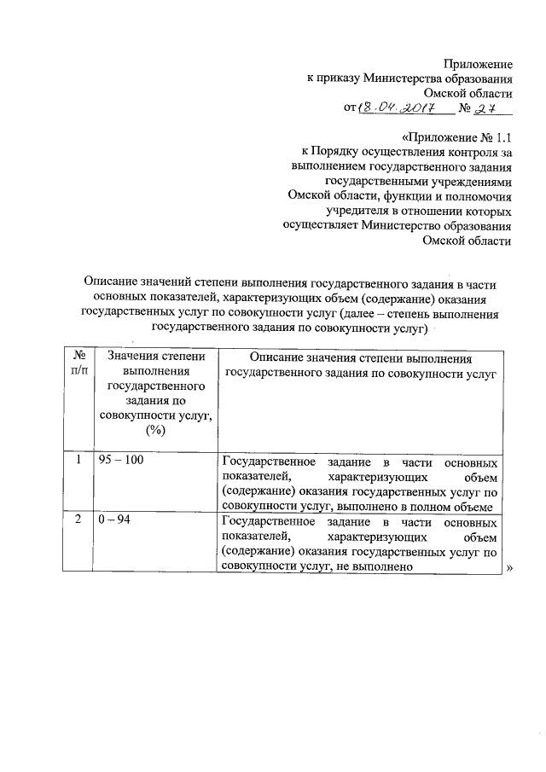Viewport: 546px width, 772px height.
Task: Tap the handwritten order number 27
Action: pyautogui.click(x=487, y=109)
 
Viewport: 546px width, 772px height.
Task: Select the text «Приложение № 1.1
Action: pyautogui.click(x=456, y=137)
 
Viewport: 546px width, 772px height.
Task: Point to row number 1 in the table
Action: pyautogui.click(x=78, y=461)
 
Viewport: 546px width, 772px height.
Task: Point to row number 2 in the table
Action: pyautogui.click(x=78, y=522)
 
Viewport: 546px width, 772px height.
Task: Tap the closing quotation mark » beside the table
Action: pyautogui.click(x=511, y=567)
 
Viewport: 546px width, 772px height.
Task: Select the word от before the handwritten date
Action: pyautogui.click(x=350, y=109)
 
